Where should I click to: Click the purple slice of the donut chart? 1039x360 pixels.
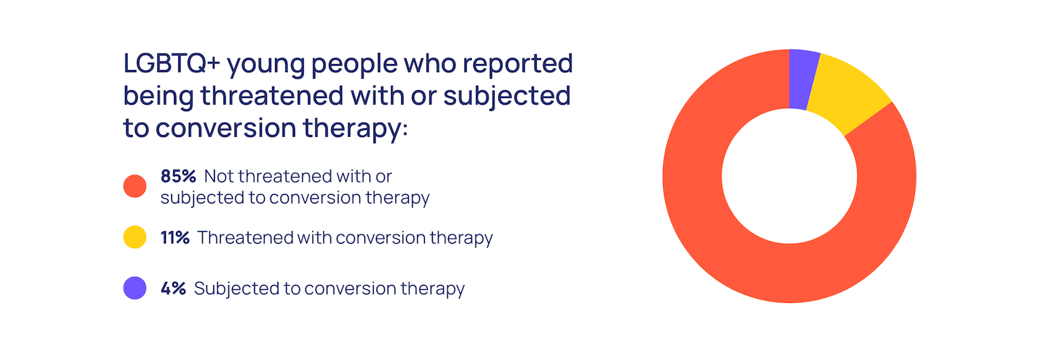802,79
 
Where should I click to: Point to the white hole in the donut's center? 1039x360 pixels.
789,176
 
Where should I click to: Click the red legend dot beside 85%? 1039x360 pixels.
135,186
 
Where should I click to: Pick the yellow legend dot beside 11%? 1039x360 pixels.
135,237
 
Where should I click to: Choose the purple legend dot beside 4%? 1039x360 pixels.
135,288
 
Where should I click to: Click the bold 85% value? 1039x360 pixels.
179,176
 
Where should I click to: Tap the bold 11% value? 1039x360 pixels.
175,237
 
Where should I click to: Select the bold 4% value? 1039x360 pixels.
173,289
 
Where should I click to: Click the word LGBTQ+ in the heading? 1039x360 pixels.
172,63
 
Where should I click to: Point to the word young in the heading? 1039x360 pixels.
266,66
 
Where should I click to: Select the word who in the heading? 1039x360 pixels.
431,63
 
